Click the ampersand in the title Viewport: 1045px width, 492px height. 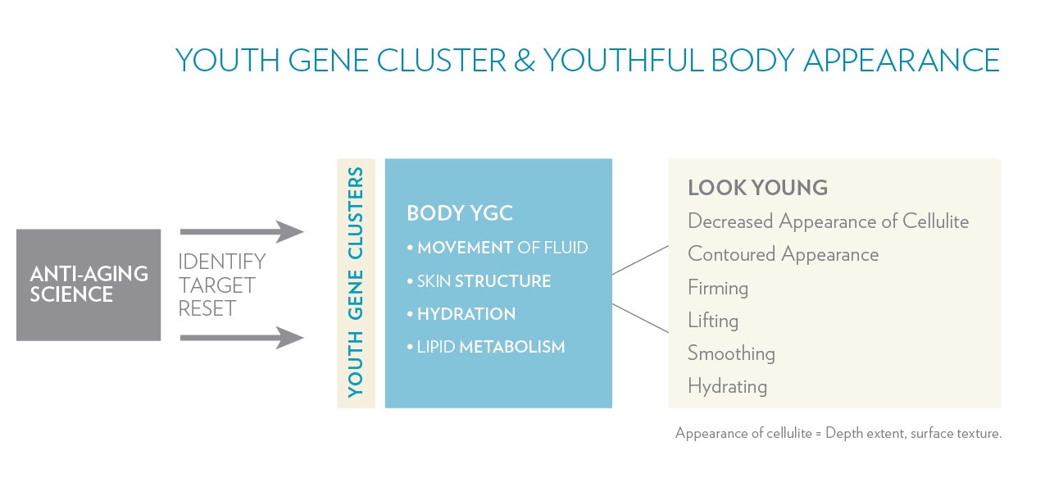tap(525, 60)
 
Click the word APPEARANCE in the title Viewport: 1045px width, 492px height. tap(902, 60)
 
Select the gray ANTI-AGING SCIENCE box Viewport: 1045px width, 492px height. tap(89, 285)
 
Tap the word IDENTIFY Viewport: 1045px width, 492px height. tap(221, 262)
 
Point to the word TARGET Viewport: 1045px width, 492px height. tap(216, 285)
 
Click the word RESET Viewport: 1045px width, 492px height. tap(207, 308)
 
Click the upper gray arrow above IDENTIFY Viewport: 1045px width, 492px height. tap(242, 231)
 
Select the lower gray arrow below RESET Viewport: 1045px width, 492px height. tap(242, 338)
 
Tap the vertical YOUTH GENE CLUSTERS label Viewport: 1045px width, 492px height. tap(356, 282)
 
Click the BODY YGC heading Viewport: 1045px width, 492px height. tap(460, 213)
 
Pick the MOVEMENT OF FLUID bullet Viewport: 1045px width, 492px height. tap(498, 248)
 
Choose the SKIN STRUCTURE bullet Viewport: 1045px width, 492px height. tap(479, 281)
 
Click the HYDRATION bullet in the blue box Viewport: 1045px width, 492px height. tap(461, 314)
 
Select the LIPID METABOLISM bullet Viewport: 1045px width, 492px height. tap(486, 347)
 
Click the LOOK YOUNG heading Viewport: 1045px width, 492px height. tap(757, 188)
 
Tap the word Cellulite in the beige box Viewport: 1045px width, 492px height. tap(935, 221)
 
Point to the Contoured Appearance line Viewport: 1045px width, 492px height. tap(784, 255)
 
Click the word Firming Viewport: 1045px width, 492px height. tap(718, 288)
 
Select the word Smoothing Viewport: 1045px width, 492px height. tap(731, 353)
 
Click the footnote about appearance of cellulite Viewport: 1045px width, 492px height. tap(838, 433)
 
